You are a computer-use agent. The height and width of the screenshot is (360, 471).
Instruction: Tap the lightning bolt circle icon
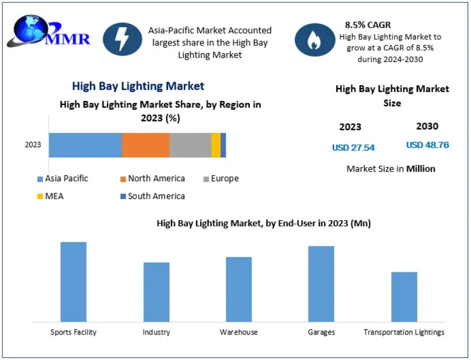pos(121,39)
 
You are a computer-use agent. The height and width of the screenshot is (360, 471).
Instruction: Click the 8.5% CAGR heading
pos(368,25)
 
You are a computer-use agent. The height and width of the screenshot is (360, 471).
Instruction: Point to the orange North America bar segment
pos(146,145)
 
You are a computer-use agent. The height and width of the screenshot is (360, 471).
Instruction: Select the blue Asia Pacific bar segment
pos(85,145)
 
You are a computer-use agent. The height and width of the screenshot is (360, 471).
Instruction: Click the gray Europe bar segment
pos(191,145)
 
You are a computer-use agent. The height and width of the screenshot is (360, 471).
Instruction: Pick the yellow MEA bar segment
pos(216,145)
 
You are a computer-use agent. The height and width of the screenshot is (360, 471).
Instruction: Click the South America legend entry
pos(152,196)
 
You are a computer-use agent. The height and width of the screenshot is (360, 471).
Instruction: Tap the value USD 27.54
pos(354,148)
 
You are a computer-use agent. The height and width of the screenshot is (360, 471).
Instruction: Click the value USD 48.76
pos(427,145)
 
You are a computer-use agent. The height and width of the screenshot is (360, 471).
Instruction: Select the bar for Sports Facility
pos(73,282)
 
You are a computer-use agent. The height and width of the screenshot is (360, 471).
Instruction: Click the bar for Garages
pos(321,284)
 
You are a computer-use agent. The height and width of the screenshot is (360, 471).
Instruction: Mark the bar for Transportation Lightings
pos(404,297)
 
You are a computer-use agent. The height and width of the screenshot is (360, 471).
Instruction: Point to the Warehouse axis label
pos(239,332)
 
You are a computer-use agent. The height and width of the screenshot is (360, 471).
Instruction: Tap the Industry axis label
pos(156,332)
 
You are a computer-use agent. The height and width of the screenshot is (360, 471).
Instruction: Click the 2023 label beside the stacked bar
pos(33,145)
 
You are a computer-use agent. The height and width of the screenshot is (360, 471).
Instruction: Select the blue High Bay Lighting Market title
pos(138,86)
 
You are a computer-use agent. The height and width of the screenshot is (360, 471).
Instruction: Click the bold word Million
pos(421,169)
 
